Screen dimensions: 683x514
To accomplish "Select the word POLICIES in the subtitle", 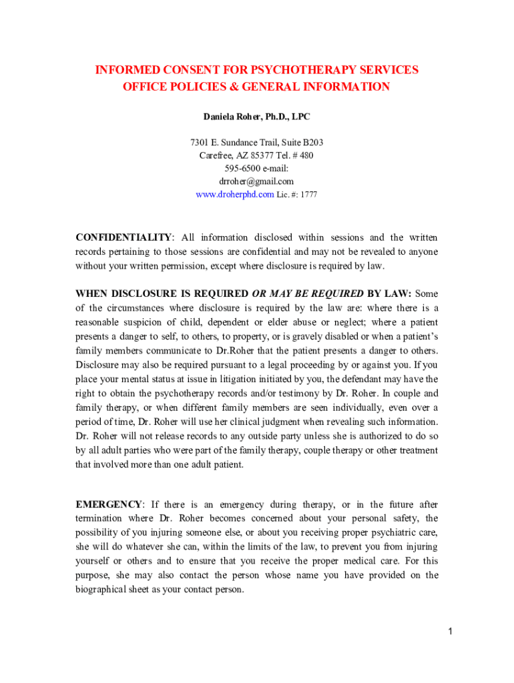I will pyautogui.click(x=196, y=87).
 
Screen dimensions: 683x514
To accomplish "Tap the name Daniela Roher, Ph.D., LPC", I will pyautogui.click(x=256, y=117).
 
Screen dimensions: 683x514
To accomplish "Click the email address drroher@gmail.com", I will pyautogui.click(x=256, y=181).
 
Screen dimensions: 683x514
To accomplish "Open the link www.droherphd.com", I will pyautogui.click(x=234, y=195).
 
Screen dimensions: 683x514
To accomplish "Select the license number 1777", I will pyautogui.click(x=308, y=195).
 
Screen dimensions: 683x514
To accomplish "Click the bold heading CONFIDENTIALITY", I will pyautogui.click(x=123, y=238).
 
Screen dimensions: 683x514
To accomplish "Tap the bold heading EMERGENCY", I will pyautogui.click(x=108, y=505).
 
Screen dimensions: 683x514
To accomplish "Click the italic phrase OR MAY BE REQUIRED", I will pyautogui.click(x=308, y=294).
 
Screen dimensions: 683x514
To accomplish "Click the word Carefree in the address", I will pyautogui.click(x=215, y=155).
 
